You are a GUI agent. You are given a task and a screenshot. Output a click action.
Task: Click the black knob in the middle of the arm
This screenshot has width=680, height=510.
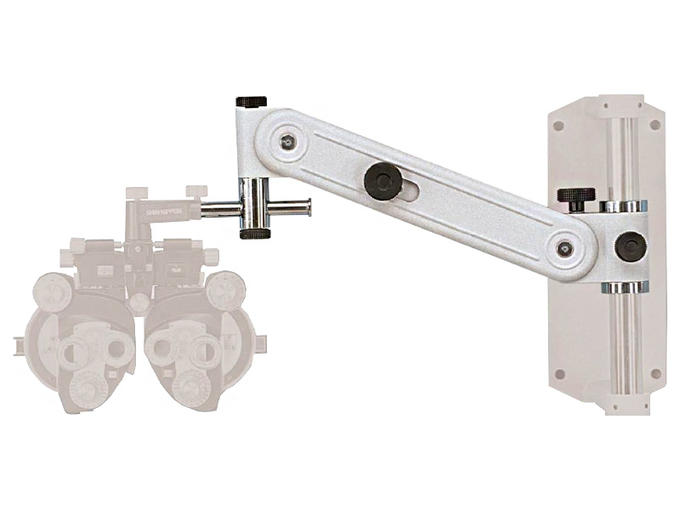[x=382, y=180]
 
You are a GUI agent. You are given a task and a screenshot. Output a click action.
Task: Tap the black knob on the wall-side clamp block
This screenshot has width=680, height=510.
[x=630, y=246]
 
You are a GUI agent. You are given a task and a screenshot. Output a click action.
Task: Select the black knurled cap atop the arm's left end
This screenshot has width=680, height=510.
[x=252, y=102]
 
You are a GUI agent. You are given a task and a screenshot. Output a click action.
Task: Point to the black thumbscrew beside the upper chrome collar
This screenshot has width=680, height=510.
[x=575, y=198]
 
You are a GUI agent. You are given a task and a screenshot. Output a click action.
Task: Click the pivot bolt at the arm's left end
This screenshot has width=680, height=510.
[x=288, y=142]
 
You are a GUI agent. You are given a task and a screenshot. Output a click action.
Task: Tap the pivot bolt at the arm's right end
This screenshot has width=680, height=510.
[x=564, y=248]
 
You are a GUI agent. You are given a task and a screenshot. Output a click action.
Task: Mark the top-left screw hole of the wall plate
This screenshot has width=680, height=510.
[x=558, y=125]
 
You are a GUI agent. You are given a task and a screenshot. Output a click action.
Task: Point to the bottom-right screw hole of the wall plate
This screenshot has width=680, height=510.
[x=654, y=373]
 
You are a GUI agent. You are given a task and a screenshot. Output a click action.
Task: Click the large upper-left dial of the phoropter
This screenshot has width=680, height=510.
[x=52, y=291]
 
